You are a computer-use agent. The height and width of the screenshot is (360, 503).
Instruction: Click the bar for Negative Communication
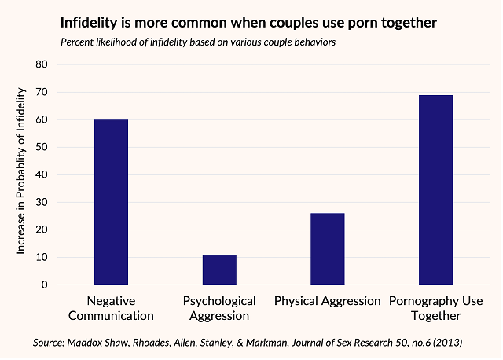pos(111,202)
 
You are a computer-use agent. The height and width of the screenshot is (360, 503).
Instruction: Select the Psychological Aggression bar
pos(219,270)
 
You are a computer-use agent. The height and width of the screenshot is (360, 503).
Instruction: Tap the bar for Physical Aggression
pos(327,248)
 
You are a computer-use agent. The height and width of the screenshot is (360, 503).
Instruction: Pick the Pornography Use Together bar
pos(435,189)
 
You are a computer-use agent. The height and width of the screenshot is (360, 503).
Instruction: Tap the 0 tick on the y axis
pos(45,285)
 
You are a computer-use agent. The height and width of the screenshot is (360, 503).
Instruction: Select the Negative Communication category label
pos(111,308)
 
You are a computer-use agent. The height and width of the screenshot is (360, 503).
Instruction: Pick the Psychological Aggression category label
pos(219,308)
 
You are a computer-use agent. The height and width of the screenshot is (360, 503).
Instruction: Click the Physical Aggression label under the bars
pos(327,301)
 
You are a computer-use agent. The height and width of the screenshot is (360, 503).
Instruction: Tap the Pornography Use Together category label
pos(435,308)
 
